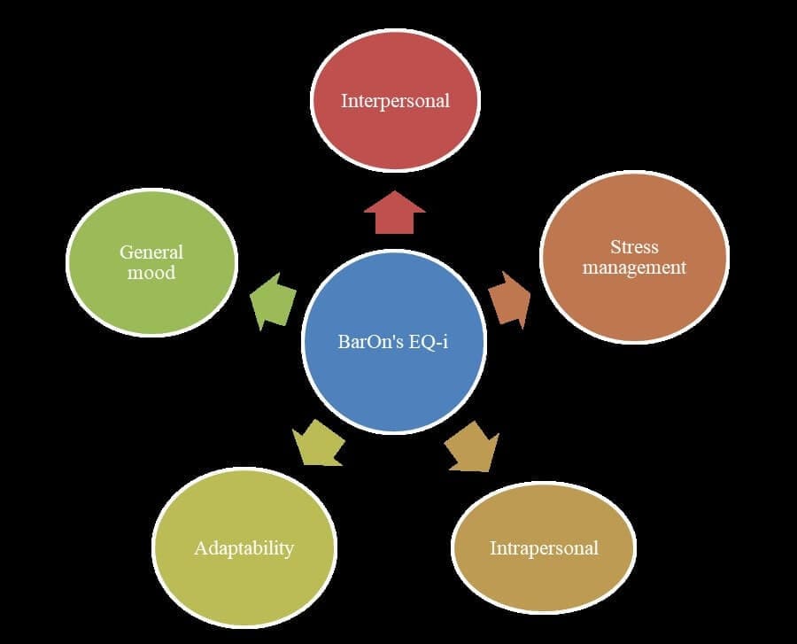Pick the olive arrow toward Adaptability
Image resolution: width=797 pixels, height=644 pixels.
(318, 442)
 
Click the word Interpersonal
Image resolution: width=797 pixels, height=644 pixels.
(395, 100)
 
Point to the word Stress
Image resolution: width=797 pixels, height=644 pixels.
(634, 247)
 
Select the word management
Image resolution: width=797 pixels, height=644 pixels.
(634, 267)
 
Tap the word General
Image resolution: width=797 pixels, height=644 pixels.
(151, 252)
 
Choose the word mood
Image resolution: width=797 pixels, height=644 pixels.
(151, 272)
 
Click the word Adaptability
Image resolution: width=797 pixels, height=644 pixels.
(244, 547)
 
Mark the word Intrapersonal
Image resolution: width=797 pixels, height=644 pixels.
(544, 547)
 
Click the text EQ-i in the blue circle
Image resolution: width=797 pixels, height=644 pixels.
(428, 341)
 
